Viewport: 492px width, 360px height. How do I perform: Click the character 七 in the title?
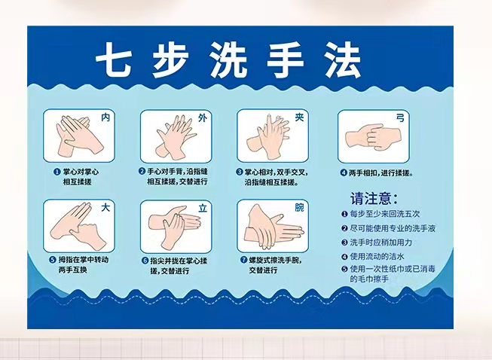click(x=113, y=59)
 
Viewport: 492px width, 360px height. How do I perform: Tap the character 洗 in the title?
click(x=228, y=59)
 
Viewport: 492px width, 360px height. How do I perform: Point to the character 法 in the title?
click(x=343, y=59)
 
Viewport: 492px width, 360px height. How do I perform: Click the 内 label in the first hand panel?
click(x=105, y=117)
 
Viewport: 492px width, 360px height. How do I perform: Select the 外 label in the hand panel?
click(x=203, y=117)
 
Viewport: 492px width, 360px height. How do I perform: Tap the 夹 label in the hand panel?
click(x=299, y=117)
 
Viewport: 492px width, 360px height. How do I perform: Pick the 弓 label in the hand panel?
click(x=400, y=118)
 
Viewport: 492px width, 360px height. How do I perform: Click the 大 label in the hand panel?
click(x=105, y=207)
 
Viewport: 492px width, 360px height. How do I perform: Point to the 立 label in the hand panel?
click(x=203, y=208)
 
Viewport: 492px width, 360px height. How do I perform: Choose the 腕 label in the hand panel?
click(x=299, y=207)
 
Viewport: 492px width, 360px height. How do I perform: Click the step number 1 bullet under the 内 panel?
click(x=57, y=172)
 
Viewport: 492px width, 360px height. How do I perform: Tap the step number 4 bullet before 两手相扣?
click(x=344, y=172)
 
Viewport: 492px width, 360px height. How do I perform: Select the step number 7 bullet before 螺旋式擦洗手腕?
click(x=244, y=260)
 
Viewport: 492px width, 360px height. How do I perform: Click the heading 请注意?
click(x=374, y=198)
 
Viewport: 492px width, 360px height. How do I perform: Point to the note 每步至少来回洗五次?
click(x=385, y=214)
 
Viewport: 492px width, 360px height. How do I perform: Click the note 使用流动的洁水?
click(x=377, y=257)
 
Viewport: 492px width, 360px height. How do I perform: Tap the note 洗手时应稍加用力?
click(x=381, y=243)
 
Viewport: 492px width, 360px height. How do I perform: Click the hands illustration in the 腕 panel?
click(x=274, y=226)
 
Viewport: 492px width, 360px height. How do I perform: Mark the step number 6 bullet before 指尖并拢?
click(x=145, y=261)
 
